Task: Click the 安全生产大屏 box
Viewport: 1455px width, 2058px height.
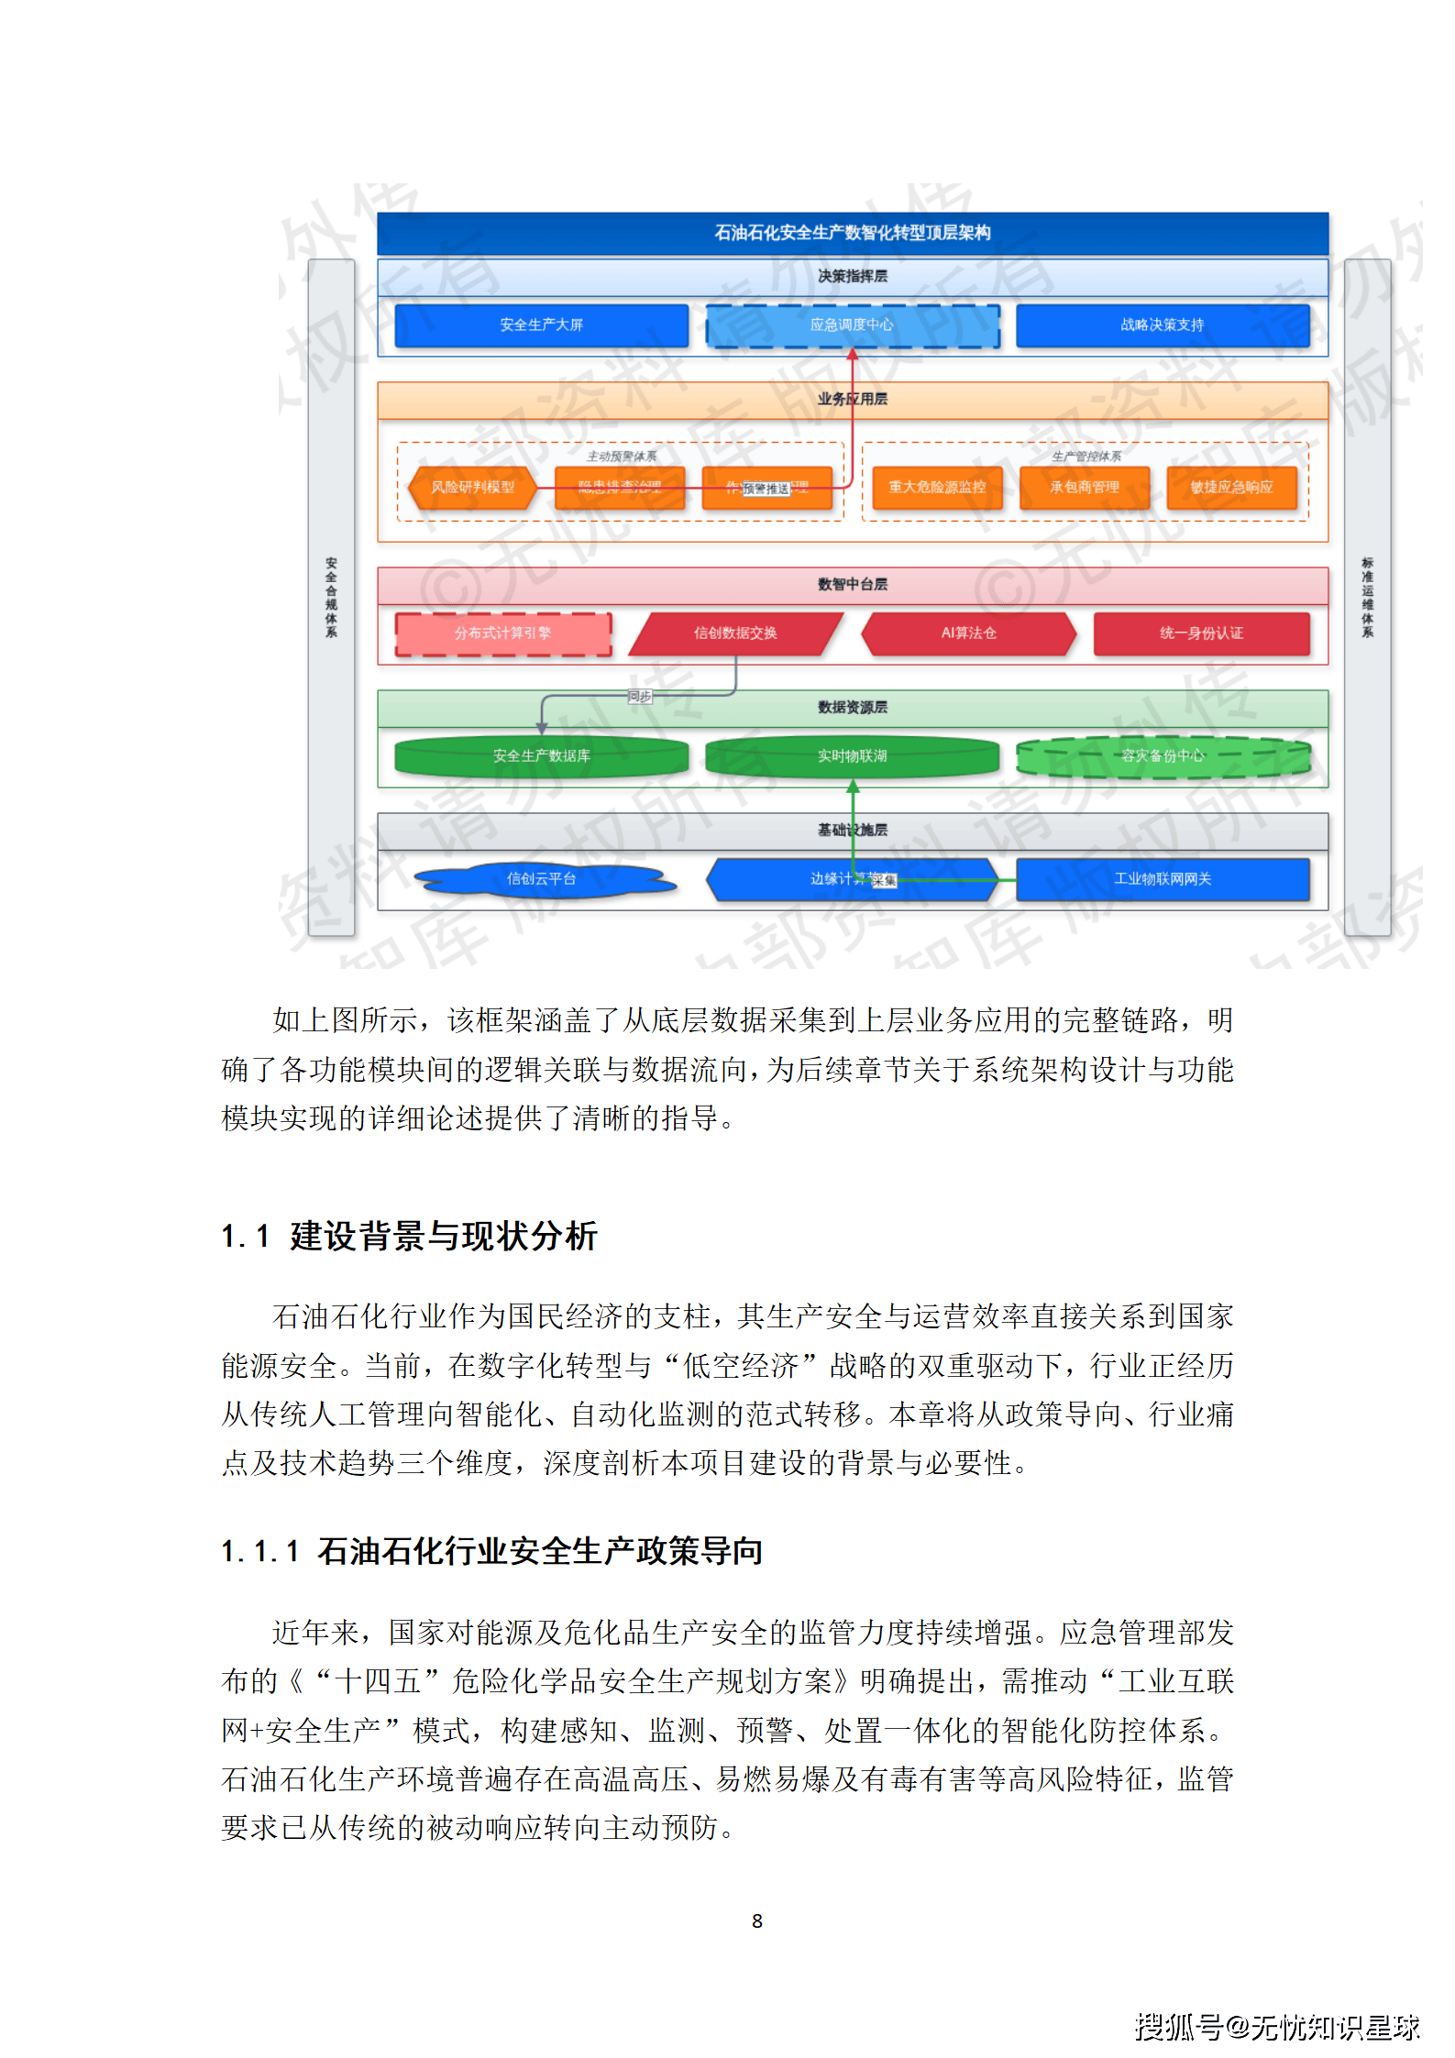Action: click(x=541, y=325)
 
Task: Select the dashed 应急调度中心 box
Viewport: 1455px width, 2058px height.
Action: click(x=852, y=325)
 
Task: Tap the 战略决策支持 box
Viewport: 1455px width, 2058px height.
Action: click(x=1162, y=325)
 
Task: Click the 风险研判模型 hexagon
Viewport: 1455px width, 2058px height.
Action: click(x=472, y=488)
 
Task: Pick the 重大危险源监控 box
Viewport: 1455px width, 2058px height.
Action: click(x=936, y=488)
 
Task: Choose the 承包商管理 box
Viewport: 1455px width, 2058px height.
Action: click(x=1084, y=488)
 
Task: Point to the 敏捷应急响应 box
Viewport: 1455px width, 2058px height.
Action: click(x=1231, y=488)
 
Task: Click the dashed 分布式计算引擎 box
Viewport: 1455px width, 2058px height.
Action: click(x=502, y=633)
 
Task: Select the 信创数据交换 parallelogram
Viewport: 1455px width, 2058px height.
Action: click(x=735, y=633)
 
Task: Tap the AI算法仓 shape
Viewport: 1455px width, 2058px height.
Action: click(x=968, y=633)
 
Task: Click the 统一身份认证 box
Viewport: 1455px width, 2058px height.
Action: click(x=1201, y=633)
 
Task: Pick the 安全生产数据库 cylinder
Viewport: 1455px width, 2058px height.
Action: click(x=541, y=756)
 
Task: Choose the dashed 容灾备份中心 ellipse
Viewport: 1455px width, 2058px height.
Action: click(x=1163, y=756)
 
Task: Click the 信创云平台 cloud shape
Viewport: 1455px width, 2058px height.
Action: click(x=541, y=879)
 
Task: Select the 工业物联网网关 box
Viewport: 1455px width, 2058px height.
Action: click(x=1163, y=879)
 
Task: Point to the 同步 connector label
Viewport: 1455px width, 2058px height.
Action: click(x=639, y=697)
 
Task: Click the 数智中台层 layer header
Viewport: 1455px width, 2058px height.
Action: click(x=852, y=585)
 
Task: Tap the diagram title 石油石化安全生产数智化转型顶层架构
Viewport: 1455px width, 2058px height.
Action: click(x=852, y=233)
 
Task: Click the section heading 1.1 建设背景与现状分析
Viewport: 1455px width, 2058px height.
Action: click(x=409, y=1237)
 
